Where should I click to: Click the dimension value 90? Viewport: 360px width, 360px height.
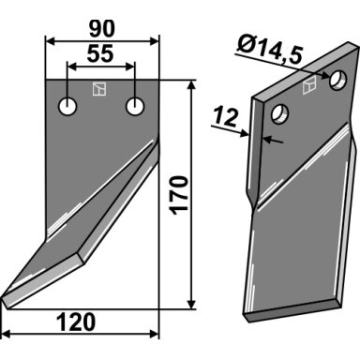102,29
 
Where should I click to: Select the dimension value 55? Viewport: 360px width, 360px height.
100,53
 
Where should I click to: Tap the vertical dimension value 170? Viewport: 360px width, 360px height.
180,195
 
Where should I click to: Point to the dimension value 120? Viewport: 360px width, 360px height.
76,322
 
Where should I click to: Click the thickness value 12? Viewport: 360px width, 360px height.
227,117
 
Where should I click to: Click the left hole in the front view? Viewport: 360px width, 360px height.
67,107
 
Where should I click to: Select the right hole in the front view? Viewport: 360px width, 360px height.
135,107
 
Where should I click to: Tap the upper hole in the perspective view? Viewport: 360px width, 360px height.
338,81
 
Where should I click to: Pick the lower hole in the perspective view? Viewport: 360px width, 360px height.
280,114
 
